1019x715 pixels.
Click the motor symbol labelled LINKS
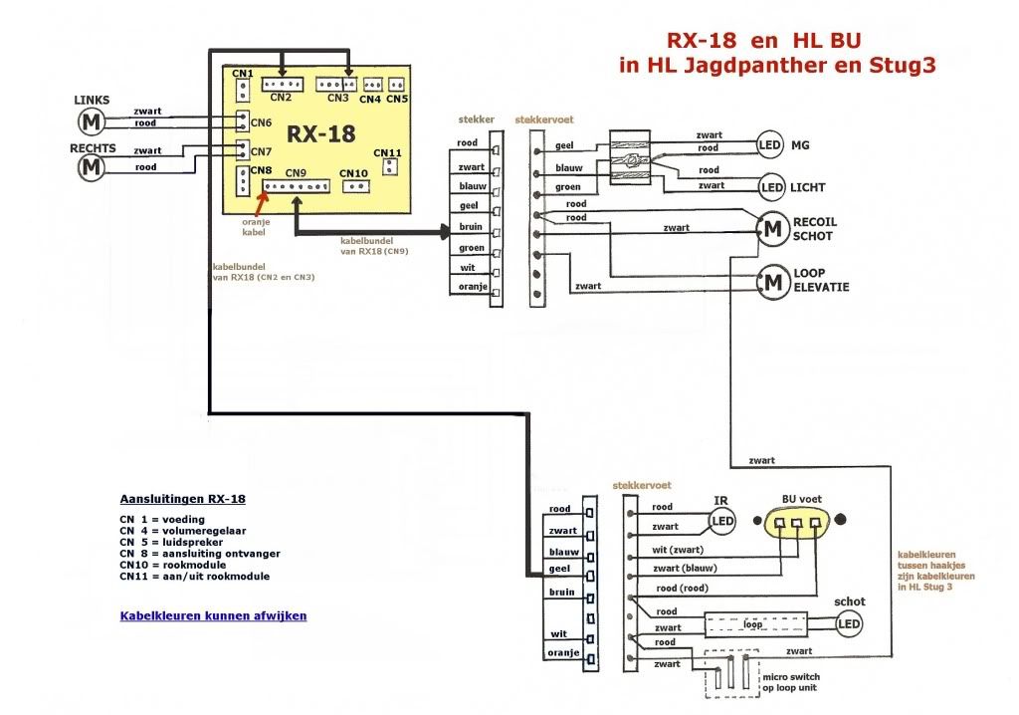92,121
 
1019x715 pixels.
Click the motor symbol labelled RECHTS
92,166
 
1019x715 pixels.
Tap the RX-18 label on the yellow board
321,133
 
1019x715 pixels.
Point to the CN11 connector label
388,153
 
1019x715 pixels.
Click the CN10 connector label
353,173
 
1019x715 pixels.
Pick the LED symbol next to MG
771,145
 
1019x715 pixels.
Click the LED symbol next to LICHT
771,187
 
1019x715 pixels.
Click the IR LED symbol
722,520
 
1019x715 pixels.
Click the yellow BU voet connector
798,524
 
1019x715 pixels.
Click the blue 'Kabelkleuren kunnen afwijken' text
213,615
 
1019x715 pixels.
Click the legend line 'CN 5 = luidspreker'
184,543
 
